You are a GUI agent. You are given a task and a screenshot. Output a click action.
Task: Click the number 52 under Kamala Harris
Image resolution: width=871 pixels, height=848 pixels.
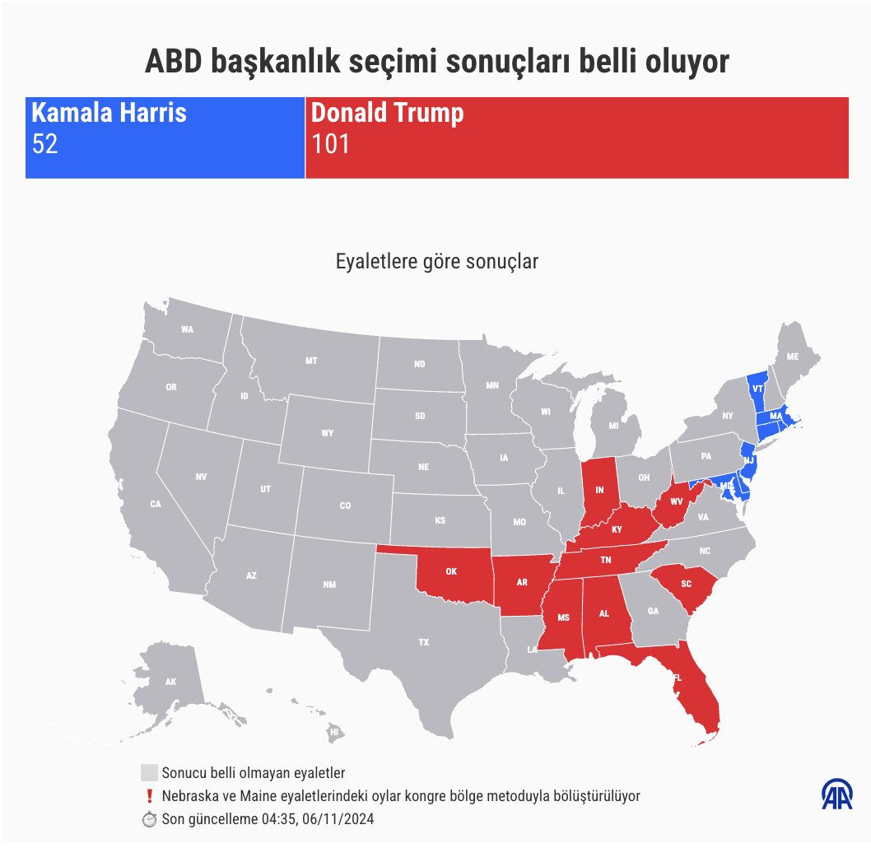point(44,144)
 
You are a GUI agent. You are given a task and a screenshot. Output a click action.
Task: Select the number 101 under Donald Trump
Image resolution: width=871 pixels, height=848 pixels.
point(330,144)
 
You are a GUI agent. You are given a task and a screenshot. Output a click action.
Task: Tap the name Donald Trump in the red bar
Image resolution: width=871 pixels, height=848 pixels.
point(387,113)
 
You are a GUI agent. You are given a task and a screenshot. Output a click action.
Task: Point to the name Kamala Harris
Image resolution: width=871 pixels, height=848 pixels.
point(109,113)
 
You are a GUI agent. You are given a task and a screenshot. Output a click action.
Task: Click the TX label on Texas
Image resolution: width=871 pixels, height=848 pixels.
point(423,641)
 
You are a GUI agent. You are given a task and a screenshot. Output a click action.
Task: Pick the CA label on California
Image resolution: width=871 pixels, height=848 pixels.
point(156,504)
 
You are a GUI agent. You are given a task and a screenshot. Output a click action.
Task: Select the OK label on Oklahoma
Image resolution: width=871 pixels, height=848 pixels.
point(451,571)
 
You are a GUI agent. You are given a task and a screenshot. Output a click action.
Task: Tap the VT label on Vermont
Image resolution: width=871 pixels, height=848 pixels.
point(757,387)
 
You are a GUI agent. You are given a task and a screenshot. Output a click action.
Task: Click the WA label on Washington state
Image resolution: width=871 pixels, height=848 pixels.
point(188,329)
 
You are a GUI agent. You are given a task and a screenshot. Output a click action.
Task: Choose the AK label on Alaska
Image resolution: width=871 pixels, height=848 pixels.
point(171,682)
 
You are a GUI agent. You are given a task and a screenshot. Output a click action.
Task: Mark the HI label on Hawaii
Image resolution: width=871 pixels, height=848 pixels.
point(334,730)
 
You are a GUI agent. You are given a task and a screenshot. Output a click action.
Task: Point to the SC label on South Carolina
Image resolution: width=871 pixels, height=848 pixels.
point(686,584)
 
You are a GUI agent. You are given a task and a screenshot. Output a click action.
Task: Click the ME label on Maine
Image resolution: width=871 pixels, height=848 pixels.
point(793,356)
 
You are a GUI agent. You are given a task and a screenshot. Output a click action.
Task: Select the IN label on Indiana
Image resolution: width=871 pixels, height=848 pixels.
point(600,490)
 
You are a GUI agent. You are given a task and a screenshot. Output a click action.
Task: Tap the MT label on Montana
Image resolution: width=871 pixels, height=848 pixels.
point(311,361)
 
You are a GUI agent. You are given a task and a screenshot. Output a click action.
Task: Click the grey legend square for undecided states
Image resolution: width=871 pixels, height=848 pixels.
point(149,773)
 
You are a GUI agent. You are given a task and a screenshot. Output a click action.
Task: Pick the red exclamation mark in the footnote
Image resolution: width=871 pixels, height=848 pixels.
point(149,796)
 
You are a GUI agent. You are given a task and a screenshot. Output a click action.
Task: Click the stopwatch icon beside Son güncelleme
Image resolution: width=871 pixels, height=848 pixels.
point(149,819)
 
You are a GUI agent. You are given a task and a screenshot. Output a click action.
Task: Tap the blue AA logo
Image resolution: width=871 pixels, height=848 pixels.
point(837,794)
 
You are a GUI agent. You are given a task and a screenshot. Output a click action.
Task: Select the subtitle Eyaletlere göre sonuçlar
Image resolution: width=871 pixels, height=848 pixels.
point(436,262)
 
